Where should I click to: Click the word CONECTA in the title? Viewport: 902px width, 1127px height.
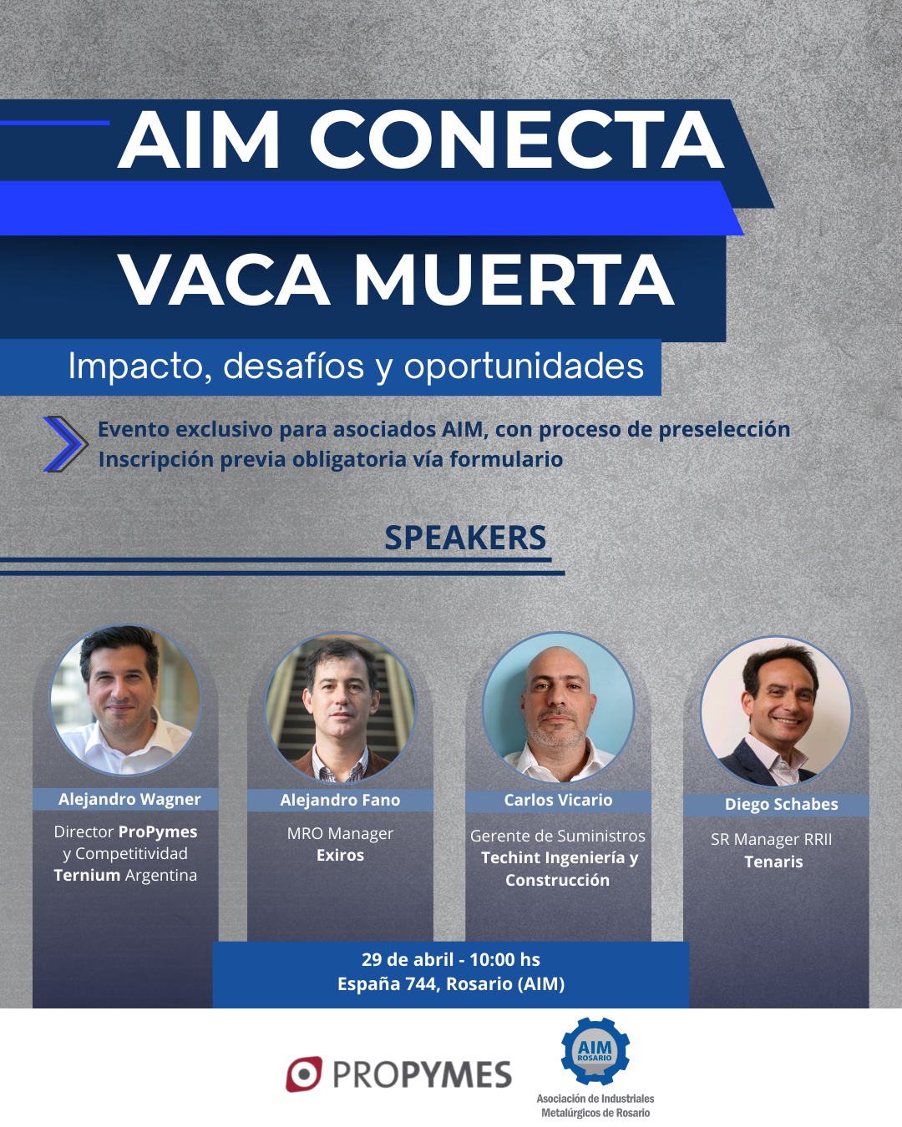(x=517, y=139)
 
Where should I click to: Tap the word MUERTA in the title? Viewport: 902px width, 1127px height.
(x=514, y=279)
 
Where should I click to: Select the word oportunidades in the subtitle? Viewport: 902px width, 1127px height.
(x=524, y=366)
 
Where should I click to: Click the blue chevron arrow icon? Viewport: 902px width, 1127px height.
(x=65, y=444)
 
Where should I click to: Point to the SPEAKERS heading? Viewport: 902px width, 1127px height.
(x=465, y=538)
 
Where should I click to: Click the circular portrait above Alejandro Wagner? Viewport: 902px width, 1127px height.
(x=125, y=700)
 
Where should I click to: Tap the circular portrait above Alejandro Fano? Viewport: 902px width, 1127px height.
(x=341, y=708)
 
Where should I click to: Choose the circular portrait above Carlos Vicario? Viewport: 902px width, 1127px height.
(x=558, y=708)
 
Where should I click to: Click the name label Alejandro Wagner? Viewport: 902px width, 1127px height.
(x=129, y=799)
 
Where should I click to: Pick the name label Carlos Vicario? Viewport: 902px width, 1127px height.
(x=558, y=801)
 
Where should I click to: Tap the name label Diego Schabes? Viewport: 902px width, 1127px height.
(x=782, y=805)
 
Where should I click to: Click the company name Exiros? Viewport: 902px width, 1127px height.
(x=340, y=855)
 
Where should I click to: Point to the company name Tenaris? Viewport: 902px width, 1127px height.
(x=773, y=862)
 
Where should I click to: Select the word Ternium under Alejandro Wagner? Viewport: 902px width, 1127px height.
(x=87, y=875)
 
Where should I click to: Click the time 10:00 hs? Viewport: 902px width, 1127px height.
(x=504, y=959)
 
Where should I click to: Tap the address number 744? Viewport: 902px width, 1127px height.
(x=422, y=983)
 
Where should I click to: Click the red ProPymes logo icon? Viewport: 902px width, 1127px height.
(x=304, y=1074)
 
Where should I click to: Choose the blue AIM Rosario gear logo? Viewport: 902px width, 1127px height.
(x=595, y=1051)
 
